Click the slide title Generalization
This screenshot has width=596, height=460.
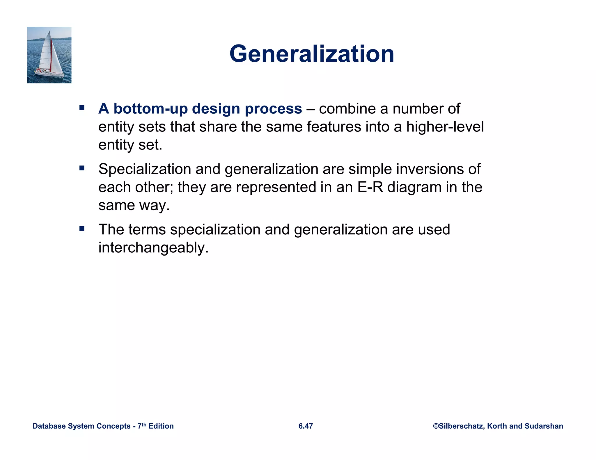point(312,54)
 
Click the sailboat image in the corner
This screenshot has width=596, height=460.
point(49,55)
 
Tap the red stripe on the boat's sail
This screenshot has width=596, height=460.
point(51,55)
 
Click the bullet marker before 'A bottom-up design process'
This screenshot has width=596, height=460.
point(82,108)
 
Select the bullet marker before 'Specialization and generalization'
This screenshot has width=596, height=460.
point(82,168)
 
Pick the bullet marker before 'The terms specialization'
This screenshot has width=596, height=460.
point(82,229)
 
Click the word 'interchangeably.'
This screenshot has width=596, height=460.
point(153,248)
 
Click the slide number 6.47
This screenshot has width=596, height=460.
point(306,426)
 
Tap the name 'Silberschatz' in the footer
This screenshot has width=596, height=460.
point(461,426)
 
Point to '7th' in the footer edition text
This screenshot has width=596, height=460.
point(142,426)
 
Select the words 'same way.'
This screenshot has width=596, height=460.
point(134,205)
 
